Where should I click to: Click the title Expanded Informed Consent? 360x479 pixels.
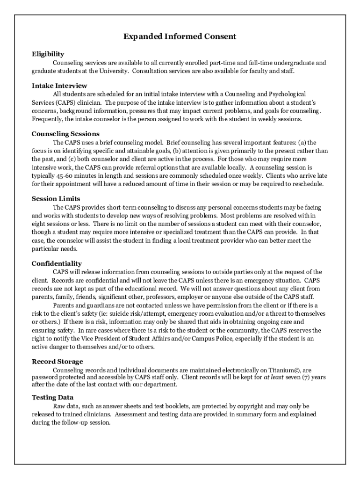[180, 36]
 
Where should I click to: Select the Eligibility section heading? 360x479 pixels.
[48, 54]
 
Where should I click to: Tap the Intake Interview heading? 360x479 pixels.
[59, 86]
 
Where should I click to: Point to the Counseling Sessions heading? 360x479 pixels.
[65, 134]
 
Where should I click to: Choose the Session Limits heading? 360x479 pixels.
[56, 199]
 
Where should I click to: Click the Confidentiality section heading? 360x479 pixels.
[57, 264]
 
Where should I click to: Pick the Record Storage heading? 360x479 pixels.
[58, 362]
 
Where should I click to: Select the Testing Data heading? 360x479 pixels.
[52, 398]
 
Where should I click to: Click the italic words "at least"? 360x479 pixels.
[274, 377]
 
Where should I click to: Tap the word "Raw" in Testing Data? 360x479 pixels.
[59, 406]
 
